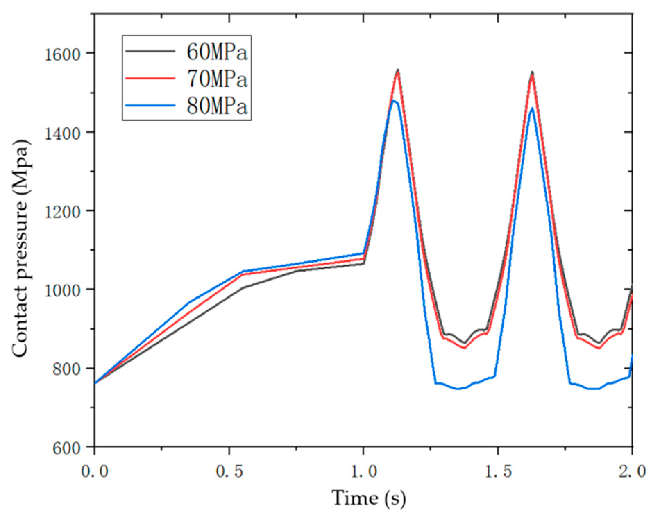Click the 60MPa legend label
point(217,52)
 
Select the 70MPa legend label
point(217,79)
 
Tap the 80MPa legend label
point(217,106)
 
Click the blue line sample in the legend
point(150,105)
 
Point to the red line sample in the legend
point(150,79)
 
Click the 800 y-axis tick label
point(66,369)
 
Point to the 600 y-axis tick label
point(66,447)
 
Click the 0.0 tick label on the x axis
point(95,471)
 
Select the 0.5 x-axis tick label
point(229,471)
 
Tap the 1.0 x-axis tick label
point(364,471)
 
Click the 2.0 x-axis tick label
point(632,471)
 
